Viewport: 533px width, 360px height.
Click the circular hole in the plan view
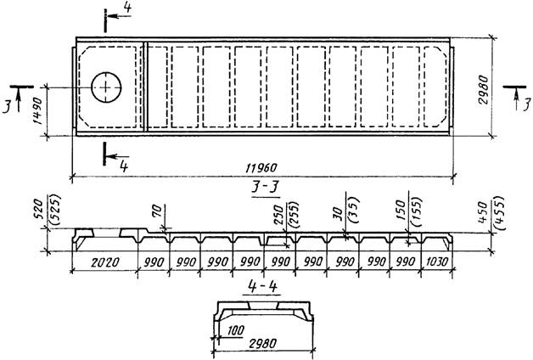(x=104, y=87)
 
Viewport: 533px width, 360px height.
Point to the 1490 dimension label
(x=36, y=111)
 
